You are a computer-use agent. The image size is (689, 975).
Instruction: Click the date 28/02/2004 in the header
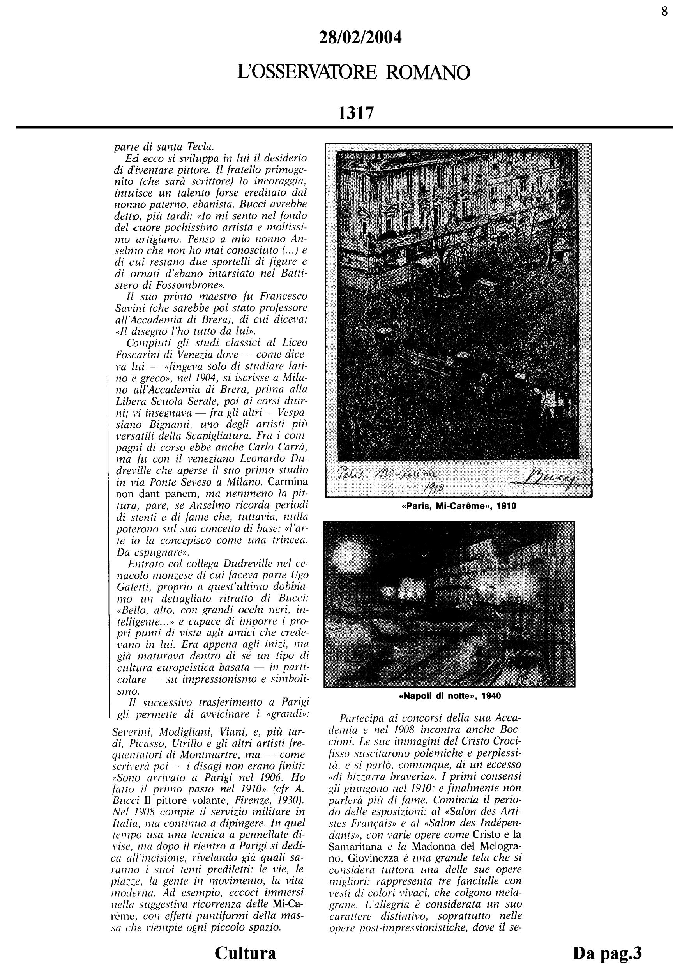click(x=360, y=38)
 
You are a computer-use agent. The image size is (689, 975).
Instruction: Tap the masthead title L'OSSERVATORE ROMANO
click(x=354, y=73)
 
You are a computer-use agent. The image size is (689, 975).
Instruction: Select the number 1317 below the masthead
click(x=356, y=113)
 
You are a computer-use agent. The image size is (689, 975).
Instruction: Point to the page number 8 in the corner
click(x=664, y=11)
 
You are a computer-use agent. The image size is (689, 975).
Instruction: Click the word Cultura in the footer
click(x=245, y=953)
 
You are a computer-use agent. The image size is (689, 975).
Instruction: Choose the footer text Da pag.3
click(x=607, y=953)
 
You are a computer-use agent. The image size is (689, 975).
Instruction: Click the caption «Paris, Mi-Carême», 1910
click(x=459, y=506)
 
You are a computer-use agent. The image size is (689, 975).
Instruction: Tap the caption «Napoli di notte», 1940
click(x=450, y=696)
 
